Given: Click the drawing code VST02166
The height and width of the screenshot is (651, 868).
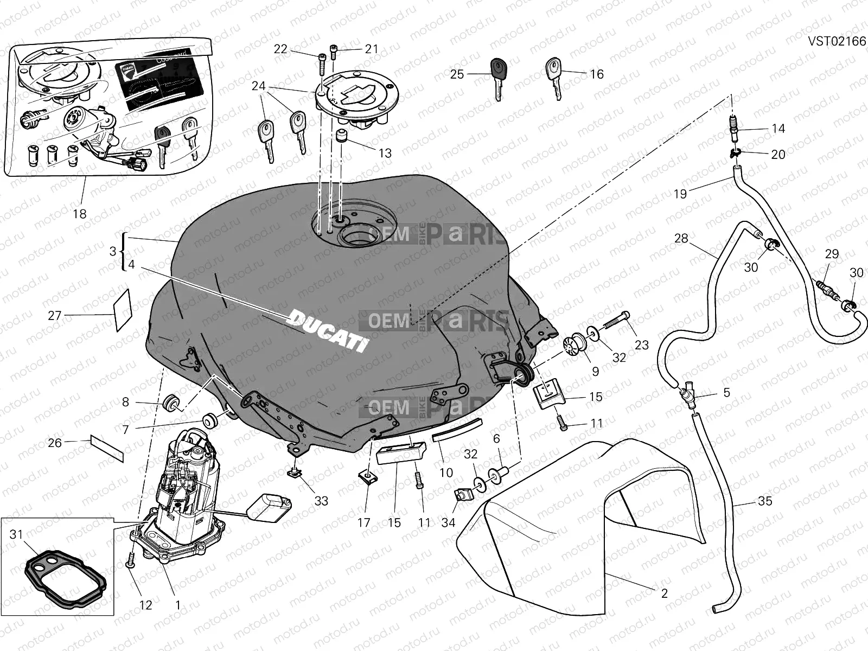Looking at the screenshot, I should (837, 42).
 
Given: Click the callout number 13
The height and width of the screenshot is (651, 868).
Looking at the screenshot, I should (385, 154).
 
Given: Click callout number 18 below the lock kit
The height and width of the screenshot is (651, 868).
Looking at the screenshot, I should (80, 214).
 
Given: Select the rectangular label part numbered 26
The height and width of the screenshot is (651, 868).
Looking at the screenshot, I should (107, 448).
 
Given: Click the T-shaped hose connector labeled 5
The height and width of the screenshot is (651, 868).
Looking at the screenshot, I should (690, 394).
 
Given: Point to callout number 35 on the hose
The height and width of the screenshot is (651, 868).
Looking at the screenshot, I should (765, 501).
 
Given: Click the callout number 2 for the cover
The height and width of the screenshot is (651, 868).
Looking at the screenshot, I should (665, 593).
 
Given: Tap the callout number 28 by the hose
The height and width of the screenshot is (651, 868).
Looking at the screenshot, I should (681, 238).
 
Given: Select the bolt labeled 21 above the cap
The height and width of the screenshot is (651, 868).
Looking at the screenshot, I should (333, 54).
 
